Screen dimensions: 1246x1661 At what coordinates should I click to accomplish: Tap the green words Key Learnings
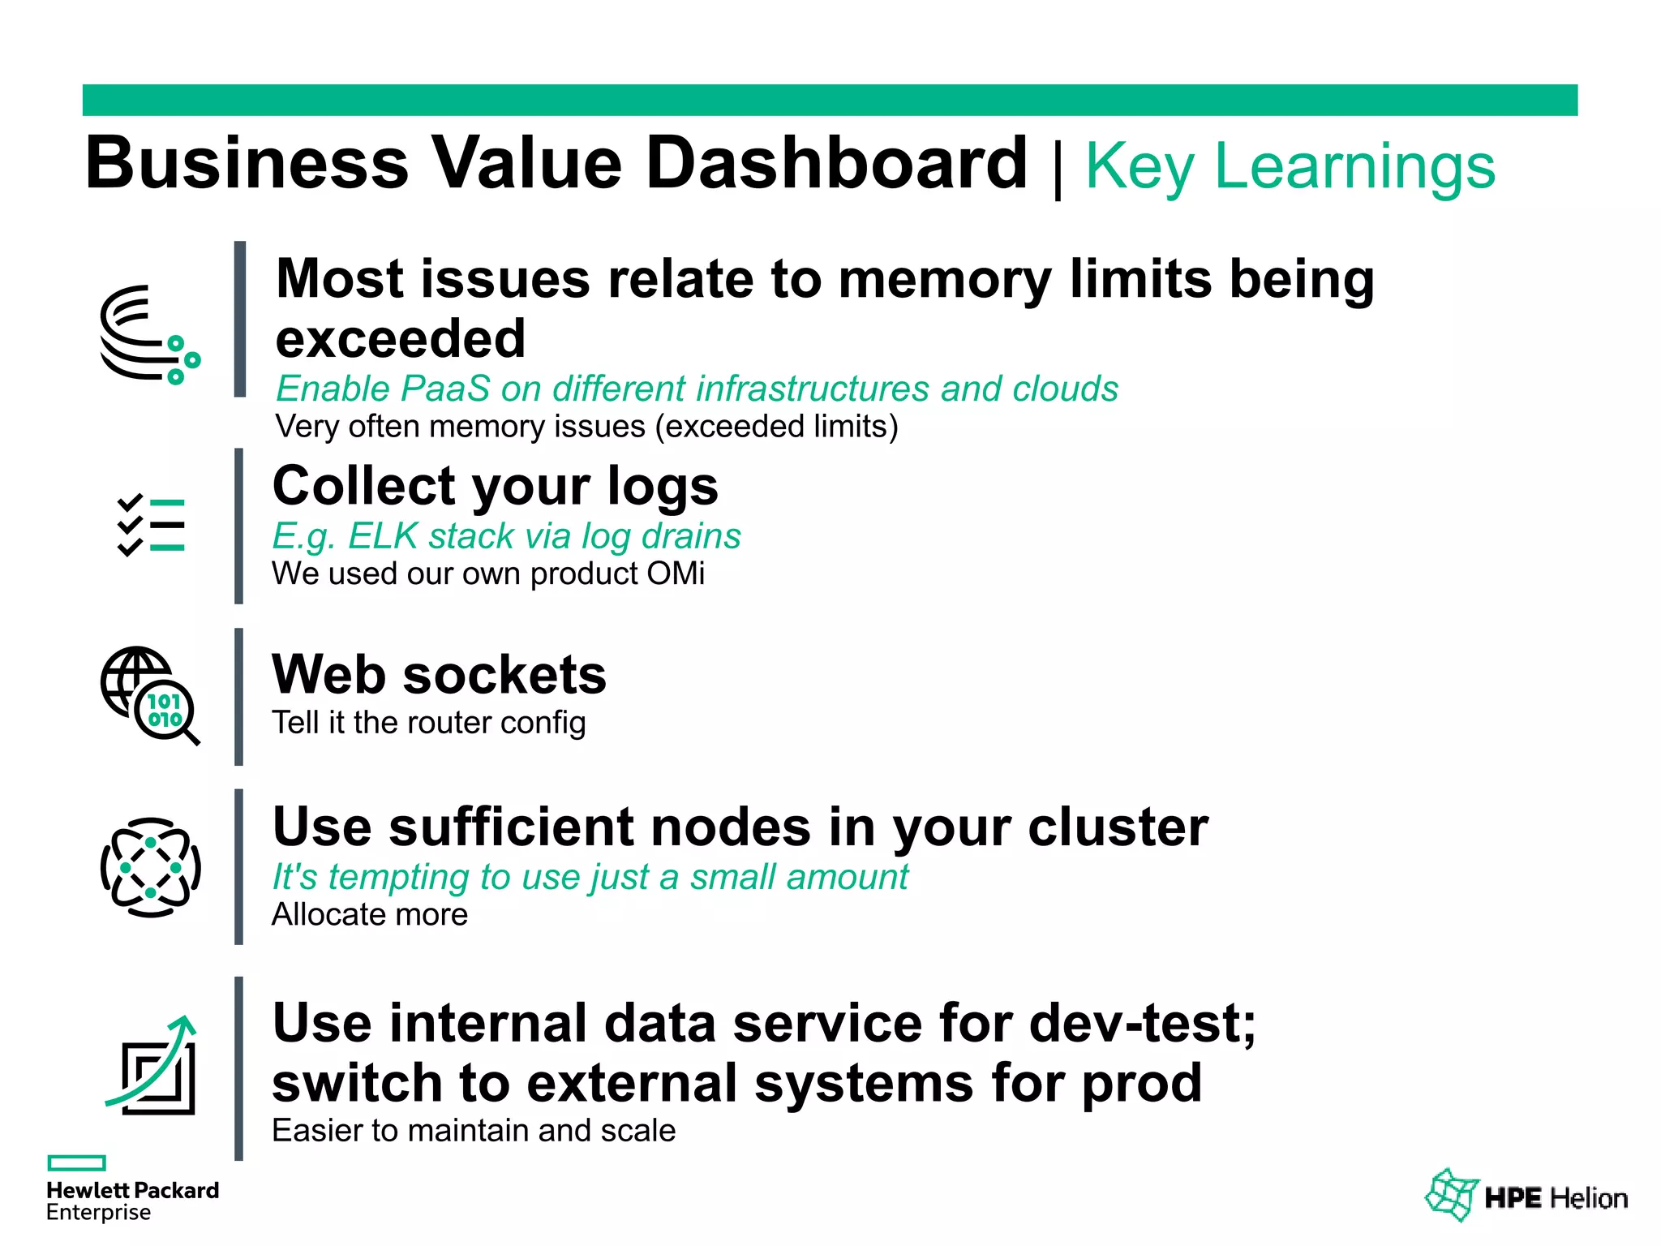pyautogui.click(x=1290, y=166)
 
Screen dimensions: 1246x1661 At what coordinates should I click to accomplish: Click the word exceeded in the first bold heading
pyautogui.click(x=401, y=338)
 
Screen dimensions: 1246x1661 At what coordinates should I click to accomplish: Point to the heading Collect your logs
pyautogui.click(x=496, y=486)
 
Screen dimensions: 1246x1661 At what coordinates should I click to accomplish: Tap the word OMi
pyautogui.click(x=676, y=574)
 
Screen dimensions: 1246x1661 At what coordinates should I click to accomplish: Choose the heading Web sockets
pyautogui.click(x=439, y=675)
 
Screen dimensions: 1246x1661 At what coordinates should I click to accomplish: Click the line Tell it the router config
pyautogui.click(x=428, y=722)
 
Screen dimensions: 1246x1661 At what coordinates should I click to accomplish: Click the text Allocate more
pyautogui.click(x=370, y=914)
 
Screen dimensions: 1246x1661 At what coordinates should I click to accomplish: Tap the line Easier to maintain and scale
pyautogui.click(x=474, y=1130)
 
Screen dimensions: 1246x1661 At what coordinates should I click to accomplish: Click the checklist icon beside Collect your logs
pyautogui.click(x=151, y=525)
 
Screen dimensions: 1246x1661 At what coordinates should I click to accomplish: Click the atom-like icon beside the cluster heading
pyautogui.click(x=151, y=867)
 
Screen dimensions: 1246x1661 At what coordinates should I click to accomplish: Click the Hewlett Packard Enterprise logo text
pyautogui.click(x=132, y=1201)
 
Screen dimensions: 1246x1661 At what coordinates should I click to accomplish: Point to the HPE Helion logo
pyautogui.click(x=1526, y=1197)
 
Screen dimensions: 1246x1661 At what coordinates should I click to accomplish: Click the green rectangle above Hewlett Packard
pyautogui.click(x=77, y=1162)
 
